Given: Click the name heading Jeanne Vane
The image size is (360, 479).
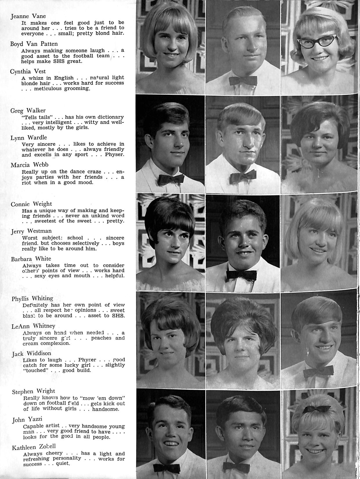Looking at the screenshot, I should coord(28,16).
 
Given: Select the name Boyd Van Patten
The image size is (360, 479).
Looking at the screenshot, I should coord(34,44).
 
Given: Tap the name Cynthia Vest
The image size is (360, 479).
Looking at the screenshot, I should coord(28,71).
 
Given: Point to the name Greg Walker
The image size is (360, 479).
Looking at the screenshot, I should coord(28,110).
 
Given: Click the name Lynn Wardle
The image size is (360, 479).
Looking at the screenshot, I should coord(28,138).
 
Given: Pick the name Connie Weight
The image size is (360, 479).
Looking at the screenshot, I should coord(31,204).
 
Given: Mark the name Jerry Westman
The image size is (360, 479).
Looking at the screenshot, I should coord(31,231).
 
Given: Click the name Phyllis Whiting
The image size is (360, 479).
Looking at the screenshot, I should coord(32,298).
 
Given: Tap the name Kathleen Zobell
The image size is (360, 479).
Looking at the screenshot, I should coord(34,447).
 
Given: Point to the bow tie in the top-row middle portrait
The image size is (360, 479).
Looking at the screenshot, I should coord(243,80).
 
